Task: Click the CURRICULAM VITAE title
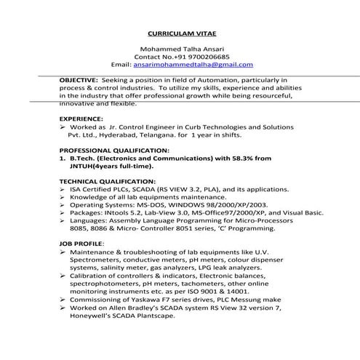183,34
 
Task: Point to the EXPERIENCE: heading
81,117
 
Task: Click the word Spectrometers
100,260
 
